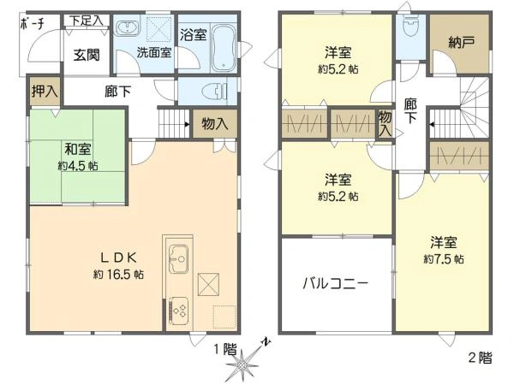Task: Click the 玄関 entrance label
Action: [86, 56]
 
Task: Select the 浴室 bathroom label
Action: [194, 35]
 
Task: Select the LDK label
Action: [118, 257]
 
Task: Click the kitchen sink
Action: [179, 256]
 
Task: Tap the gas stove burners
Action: [180, 310]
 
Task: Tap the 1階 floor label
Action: [224, 348]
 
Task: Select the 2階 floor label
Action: [480, 358]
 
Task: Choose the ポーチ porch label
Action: [32, 24]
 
